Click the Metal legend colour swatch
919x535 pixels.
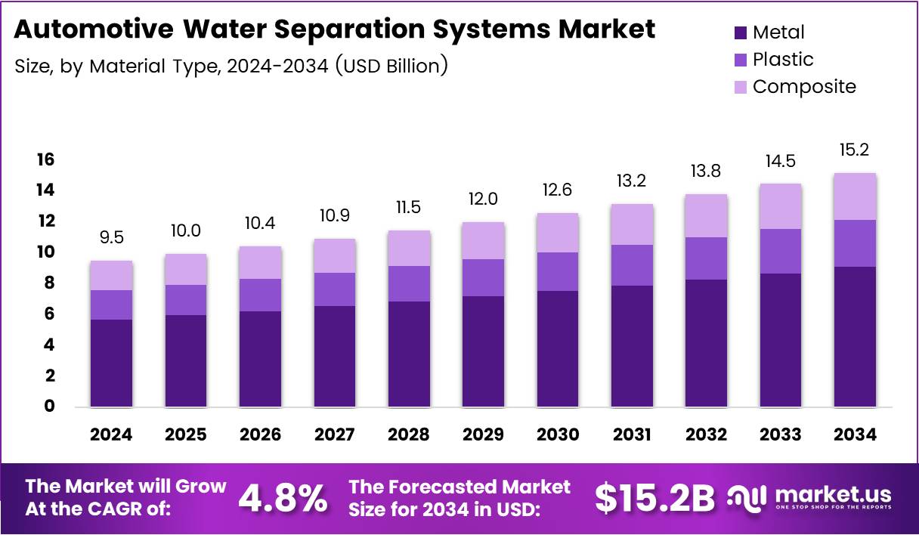[x=739, y=32]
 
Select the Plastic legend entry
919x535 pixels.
[x=783, y=60]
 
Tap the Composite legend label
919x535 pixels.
[x=804, y=87]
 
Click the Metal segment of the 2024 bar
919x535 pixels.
[x=110, y=363]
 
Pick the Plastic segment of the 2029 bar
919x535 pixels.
[x=483, y=277]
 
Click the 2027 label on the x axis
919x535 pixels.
[x=334, y=434]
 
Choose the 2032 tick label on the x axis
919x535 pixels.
[x=707, y=434]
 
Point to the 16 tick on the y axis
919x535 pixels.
[x=45, y=159]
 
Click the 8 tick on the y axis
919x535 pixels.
[x=48, y=283]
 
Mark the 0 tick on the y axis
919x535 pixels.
[x=48, y=407]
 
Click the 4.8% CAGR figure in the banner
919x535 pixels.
[x=283, y=498]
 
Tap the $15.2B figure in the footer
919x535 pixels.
[x=654, y=498]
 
